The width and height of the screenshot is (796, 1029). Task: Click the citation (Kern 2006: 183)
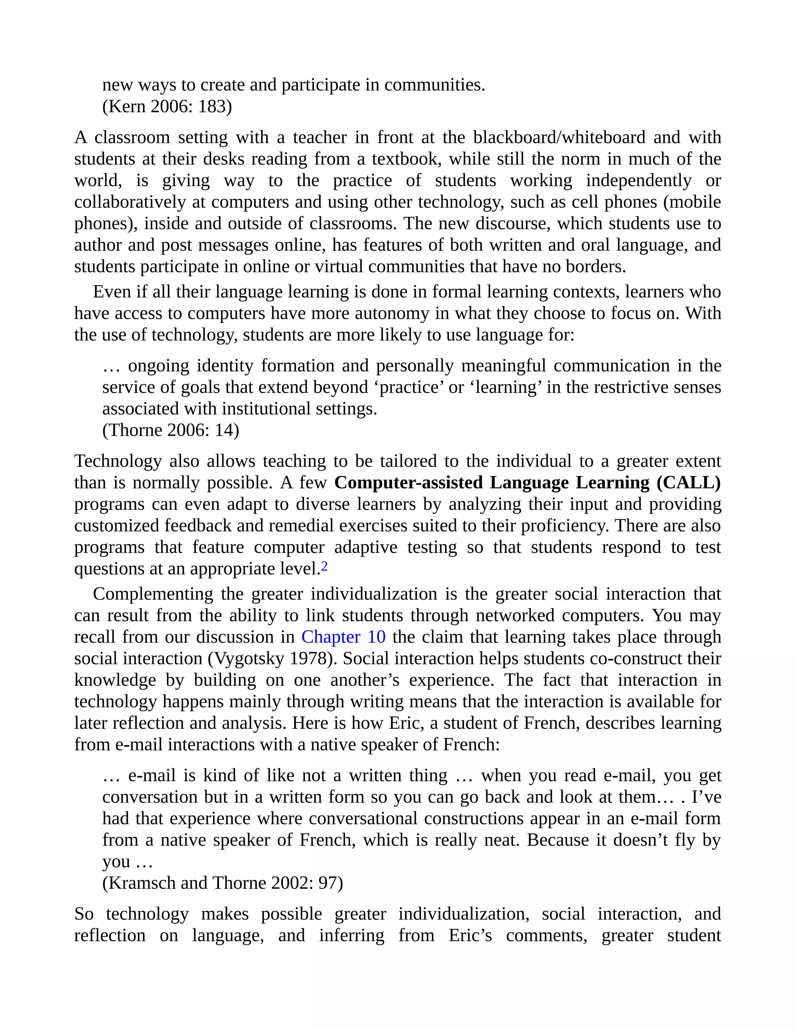[x=167, y=106]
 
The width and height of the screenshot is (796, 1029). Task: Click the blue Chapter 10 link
[x=343, y=637]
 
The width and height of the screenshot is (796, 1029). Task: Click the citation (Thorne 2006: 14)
[x=171, y=430]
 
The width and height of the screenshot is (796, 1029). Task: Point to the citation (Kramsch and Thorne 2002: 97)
[x=223, y=883]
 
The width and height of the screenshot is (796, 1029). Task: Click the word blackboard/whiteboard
[x=559, y=137]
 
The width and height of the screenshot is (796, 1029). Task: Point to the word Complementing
[x=153, y=594]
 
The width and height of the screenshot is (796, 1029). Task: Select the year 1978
[x=310, y=659]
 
